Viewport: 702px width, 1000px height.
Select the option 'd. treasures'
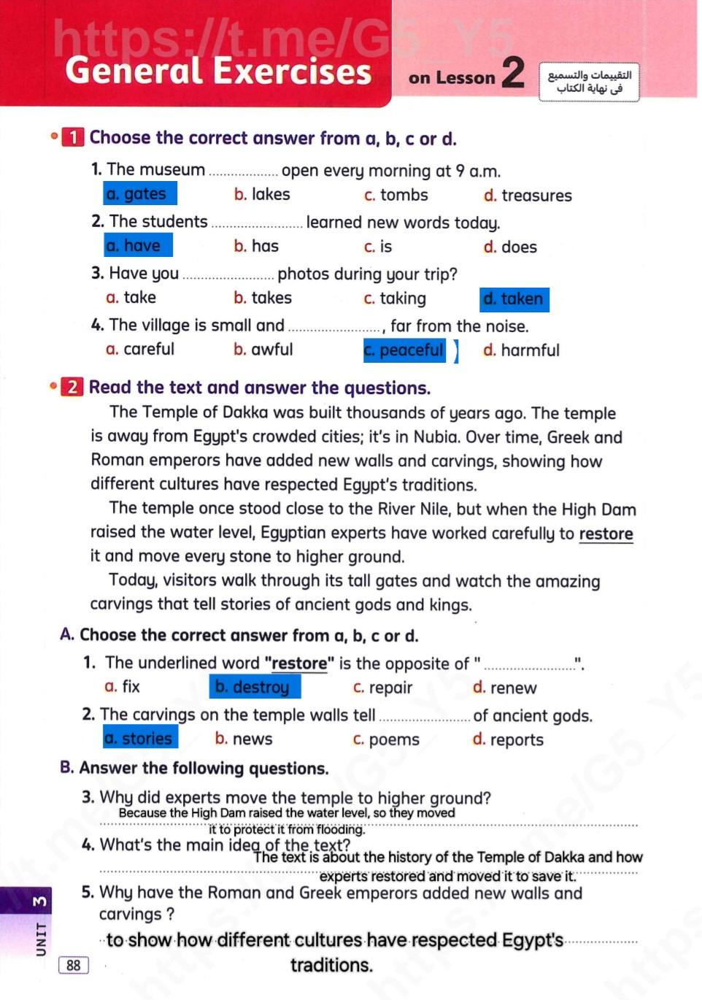528,196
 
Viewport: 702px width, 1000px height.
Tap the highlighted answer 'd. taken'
514,299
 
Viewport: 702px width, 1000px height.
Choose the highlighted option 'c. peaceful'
404,350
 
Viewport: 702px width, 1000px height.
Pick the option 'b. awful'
263,350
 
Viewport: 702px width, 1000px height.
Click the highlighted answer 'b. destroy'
253,687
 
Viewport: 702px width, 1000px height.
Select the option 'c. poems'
386,740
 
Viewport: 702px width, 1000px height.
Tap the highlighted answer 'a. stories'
139,739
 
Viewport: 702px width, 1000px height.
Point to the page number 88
74,966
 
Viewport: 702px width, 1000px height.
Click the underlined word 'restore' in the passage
606,534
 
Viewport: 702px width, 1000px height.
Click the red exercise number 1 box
74,137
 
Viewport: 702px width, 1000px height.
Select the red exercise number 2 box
72,387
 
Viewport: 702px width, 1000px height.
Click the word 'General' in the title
134,72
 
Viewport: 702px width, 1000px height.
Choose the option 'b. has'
256,247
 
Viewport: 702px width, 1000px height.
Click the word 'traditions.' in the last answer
331,966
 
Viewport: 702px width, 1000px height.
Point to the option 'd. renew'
504,688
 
